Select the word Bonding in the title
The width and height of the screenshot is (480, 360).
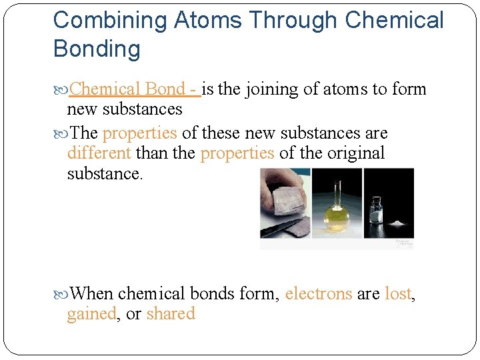pyautogui.click(x=97, y=49)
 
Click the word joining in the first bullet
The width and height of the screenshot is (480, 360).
pyautogui.click(x=271, y=89)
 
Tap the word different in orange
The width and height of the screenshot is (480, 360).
pyautogui.click(x=99, y=153)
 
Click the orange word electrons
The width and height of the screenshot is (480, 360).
pyautogui.click(x=318, y=293)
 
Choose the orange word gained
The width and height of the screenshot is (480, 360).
pyautogui.click(x=91, y=314)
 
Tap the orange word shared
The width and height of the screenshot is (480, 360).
pyautogui.click(x=170, y=314)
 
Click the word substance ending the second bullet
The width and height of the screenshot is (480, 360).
pyautogui.click(x=104, y=175)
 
